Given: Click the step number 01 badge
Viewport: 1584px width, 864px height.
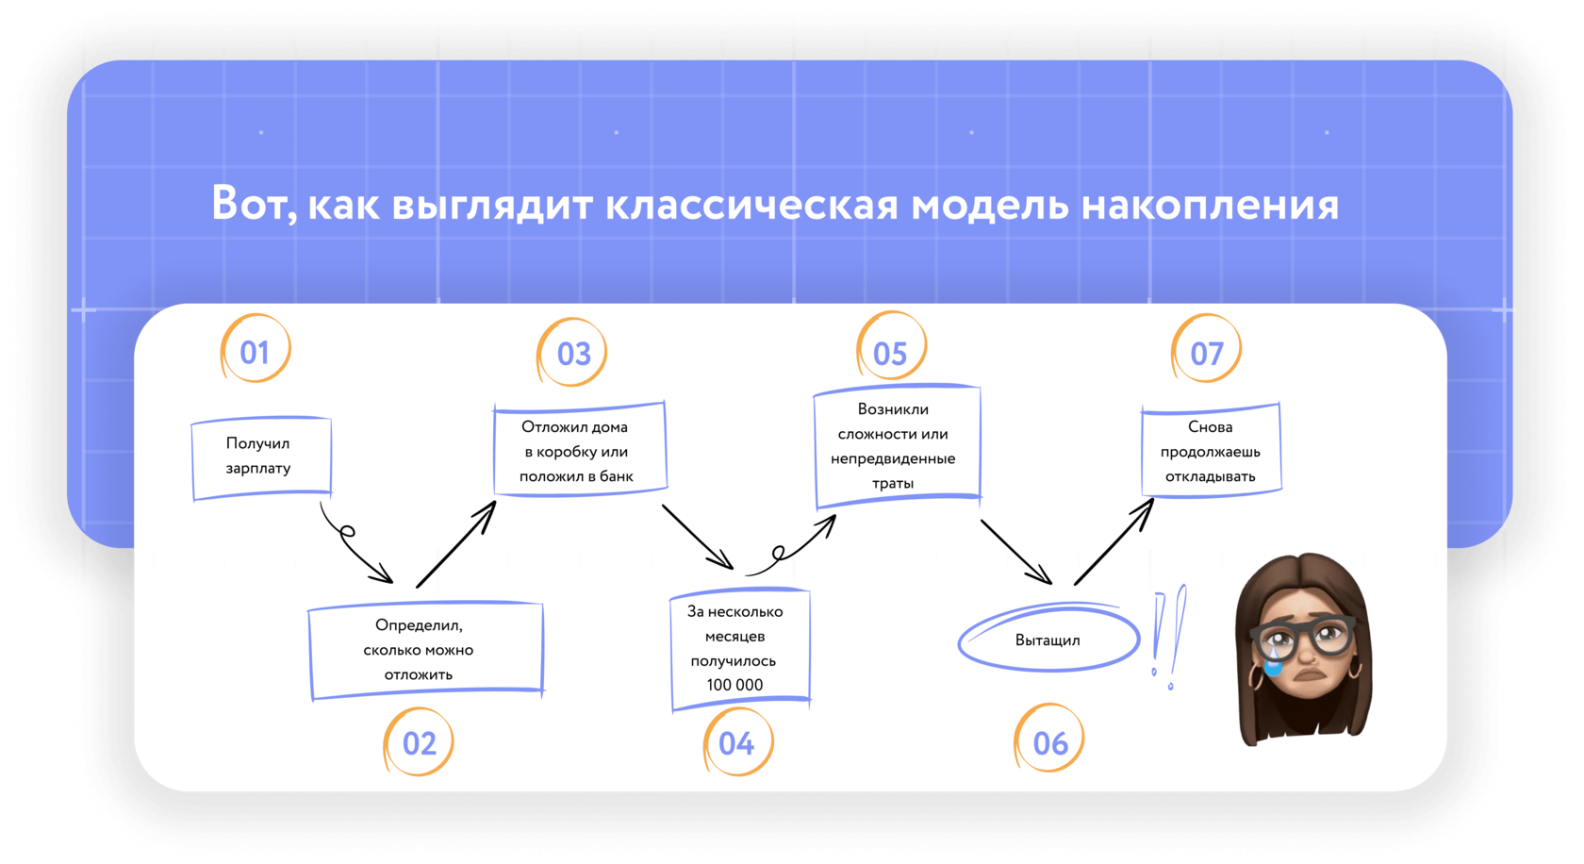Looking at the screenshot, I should point(255,351).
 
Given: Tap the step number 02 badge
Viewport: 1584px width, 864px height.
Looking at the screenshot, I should point(419,742).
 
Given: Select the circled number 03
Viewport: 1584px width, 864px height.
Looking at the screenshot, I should point(573,353).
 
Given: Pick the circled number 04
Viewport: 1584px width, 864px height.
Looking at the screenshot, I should point(736,743).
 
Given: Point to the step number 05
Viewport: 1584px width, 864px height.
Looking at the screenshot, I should point(890,353).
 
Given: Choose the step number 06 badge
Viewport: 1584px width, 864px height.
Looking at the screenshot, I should point(1049,742).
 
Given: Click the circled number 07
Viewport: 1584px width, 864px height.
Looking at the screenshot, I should point(1207,353).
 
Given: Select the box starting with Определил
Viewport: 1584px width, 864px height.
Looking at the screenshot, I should point(425,650).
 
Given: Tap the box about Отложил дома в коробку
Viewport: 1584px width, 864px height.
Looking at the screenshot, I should point(579,451).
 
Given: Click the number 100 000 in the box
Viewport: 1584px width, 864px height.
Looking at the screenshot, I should point(734,685).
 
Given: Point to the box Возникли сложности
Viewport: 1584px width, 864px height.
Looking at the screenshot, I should point(896,446).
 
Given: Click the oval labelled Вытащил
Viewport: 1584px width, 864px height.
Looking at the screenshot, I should point(1048,640).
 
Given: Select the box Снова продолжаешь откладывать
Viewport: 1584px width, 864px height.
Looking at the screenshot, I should point(1211,451).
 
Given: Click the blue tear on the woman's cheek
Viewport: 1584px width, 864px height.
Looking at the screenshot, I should point(1273,664).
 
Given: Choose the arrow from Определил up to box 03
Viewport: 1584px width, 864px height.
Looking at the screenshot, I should point(456,544).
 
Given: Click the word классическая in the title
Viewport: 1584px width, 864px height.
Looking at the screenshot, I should point(751,204).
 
